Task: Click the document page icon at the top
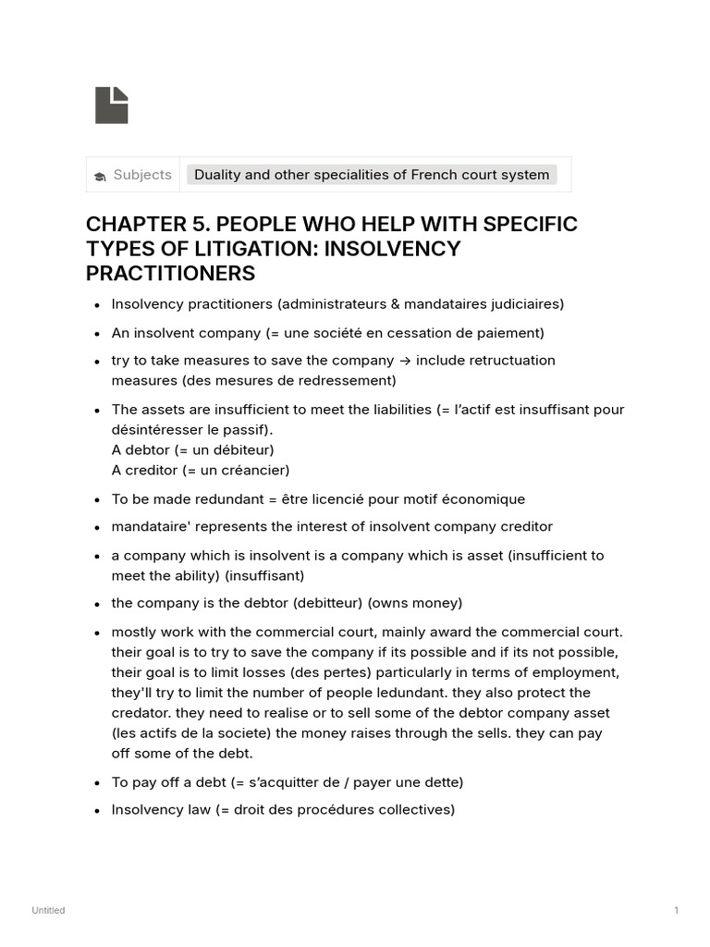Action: coord(111,105)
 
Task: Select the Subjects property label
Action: coord(142,175)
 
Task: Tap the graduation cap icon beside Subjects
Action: coord(100,176)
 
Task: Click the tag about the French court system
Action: coord(372,175)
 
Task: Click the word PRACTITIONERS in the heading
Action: coord(170,274)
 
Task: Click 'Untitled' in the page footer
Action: coord(48,911)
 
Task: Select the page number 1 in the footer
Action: coord(676,911)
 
